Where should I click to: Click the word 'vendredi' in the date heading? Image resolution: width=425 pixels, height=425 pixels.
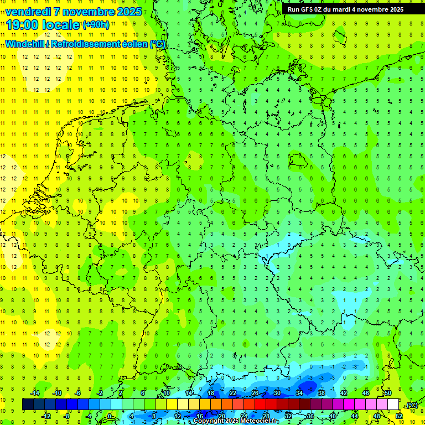pyautogui.click(x=28, y=12)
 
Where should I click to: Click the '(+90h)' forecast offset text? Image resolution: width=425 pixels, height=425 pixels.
pyautogui.click(x=96, y=25)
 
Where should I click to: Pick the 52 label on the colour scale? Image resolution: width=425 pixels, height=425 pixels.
pyautogui.click(x=399, y=416)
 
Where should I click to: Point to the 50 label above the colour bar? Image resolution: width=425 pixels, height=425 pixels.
pyautogui.click(x=387, y=393)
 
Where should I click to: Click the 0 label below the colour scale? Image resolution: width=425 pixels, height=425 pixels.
pyautogui.click(x=110, y=416)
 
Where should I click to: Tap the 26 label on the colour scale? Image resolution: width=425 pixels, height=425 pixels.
pyautogui.click(x=255, y=393)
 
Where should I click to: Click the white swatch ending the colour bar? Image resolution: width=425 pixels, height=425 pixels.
pyautogui.click(x=393, y=405)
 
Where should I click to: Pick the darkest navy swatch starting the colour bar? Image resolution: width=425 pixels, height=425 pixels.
pyautogui.click(x=28, y=405)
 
